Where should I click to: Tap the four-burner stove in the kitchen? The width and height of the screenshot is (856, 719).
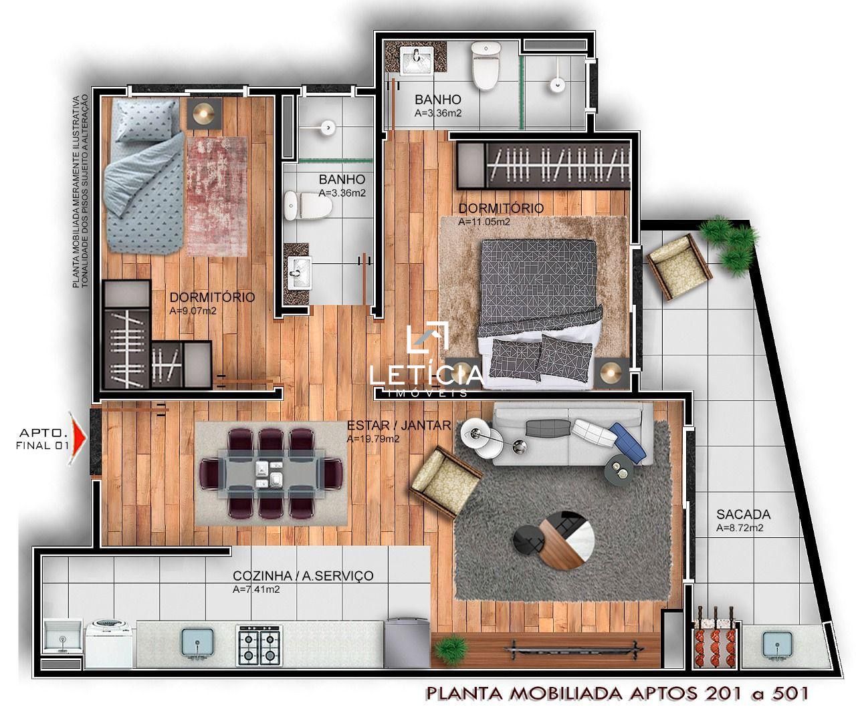tap(259, 645)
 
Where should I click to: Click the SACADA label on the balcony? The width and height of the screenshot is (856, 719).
tap(743, 514)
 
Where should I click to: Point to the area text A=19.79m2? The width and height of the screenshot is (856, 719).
tap(373, 439)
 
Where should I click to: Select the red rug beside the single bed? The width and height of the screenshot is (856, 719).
tap(217, 196)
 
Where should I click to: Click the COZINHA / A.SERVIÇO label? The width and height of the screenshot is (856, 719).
tap(303, 575)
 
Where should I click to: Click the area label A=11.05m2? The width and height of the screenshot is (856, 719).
tap(484, 222)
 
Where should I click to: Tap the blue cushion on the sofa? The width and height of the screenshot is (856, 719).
tap(628, 443)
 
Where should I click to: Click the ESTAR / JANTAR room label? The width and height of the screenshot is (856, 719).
tap(399, 425)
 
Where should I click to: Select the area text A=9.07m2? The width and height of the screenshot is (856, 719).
tap(193, 311)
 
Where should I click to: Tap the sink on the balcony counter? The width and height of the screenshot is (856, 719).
tap(777, 645)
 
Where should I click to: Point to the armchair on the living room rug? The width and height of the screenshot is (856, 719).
tap(446, 482)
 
